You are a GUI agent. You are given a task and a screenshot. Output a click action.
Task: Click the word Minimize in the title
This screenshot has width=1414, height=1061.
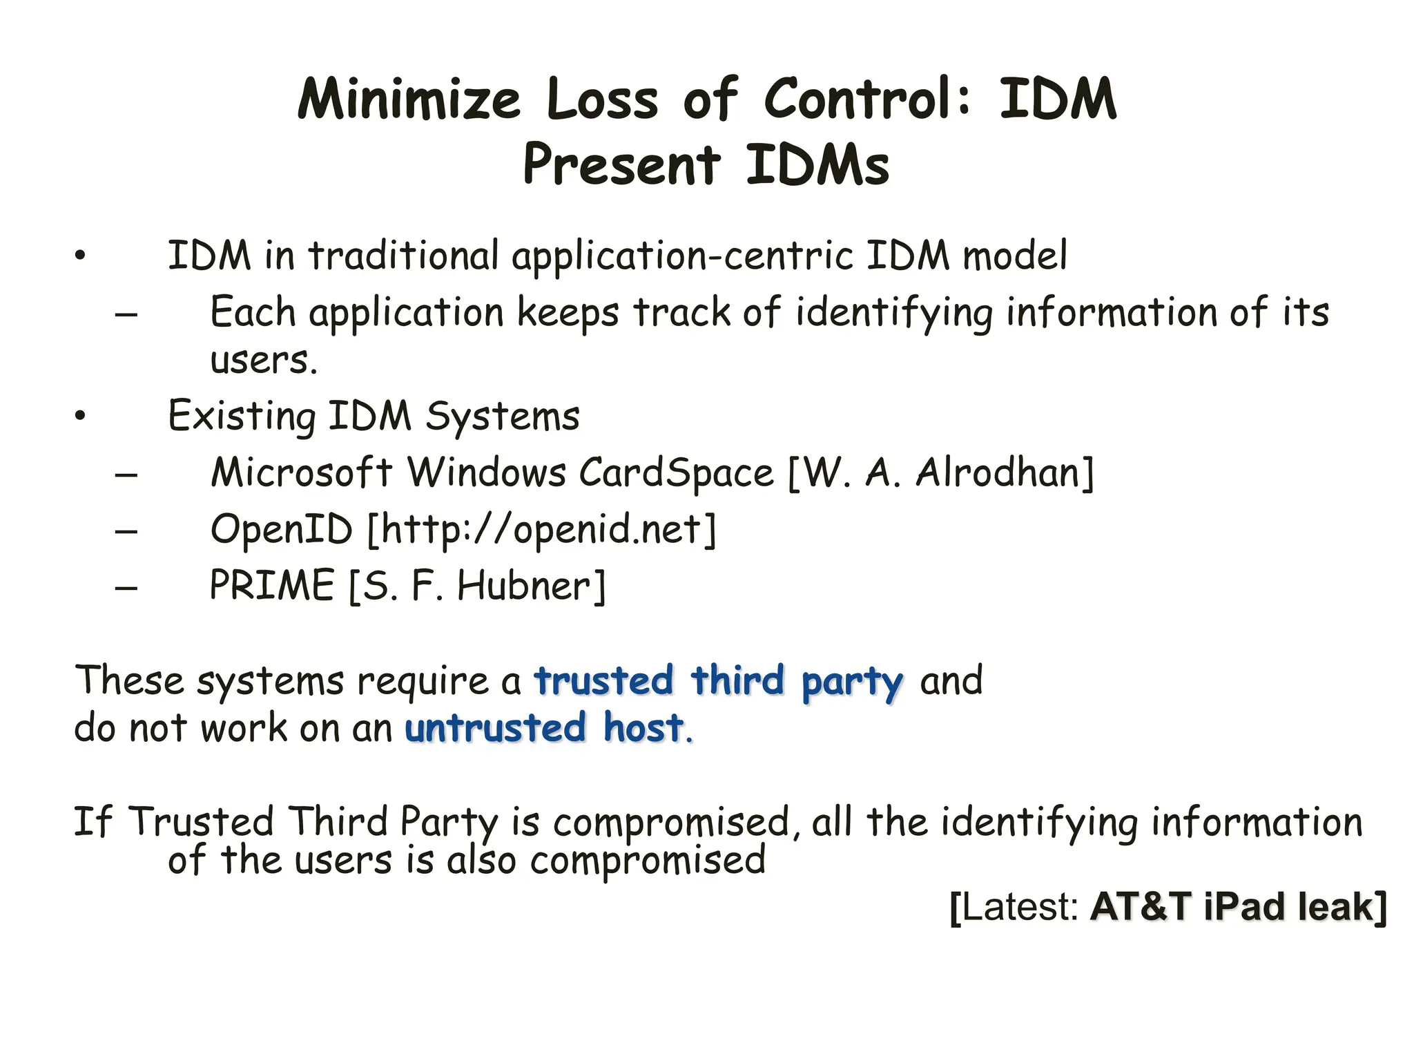click(x=409, y=99)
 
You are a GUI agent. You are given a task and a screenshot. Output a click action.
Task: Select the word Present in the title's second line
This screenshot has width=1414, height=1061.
click(x=621, y=166)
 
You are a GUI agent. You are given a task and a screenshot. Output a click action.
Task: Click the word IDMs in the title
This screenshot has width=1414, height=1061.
click(x=817, y=166)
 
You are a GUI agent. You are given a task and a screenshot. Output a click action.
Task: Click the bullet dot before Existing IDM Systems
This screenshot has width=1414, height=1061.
click(x=81, y=416)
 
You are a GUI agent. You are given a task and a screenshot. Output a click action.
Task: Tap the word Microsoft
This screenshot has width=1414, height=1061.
click(x=301, y=473)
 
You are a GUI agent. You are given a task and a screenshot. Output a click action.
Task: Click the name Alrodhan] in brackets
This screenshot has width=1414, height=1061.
click(x=1005, y=473)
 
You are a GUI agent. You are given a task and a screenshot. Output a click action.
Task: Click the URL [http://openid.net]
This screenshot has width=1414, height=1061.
click(x=542, y=530)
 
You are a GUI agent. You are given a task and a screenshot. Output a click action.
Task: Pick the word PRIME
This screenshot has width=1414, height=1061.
click(x=272, y=586)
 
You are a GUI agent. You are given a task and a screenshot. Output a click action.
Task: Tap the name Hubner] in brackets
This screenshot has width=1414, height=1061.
click(x=531, y=586)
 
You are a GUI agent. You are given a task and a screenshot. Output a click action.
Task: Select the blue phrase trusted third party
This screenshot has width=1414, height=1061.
click(x=718, y=681)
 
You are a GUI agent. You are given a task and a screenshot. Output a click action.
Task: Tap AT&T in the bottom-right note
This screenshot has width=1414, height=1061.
click(x=1141, y=907)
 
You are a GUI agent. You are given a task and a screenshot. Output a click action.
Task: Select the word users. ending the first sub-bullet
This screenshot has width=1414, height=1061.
click(x=264, y=361)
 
